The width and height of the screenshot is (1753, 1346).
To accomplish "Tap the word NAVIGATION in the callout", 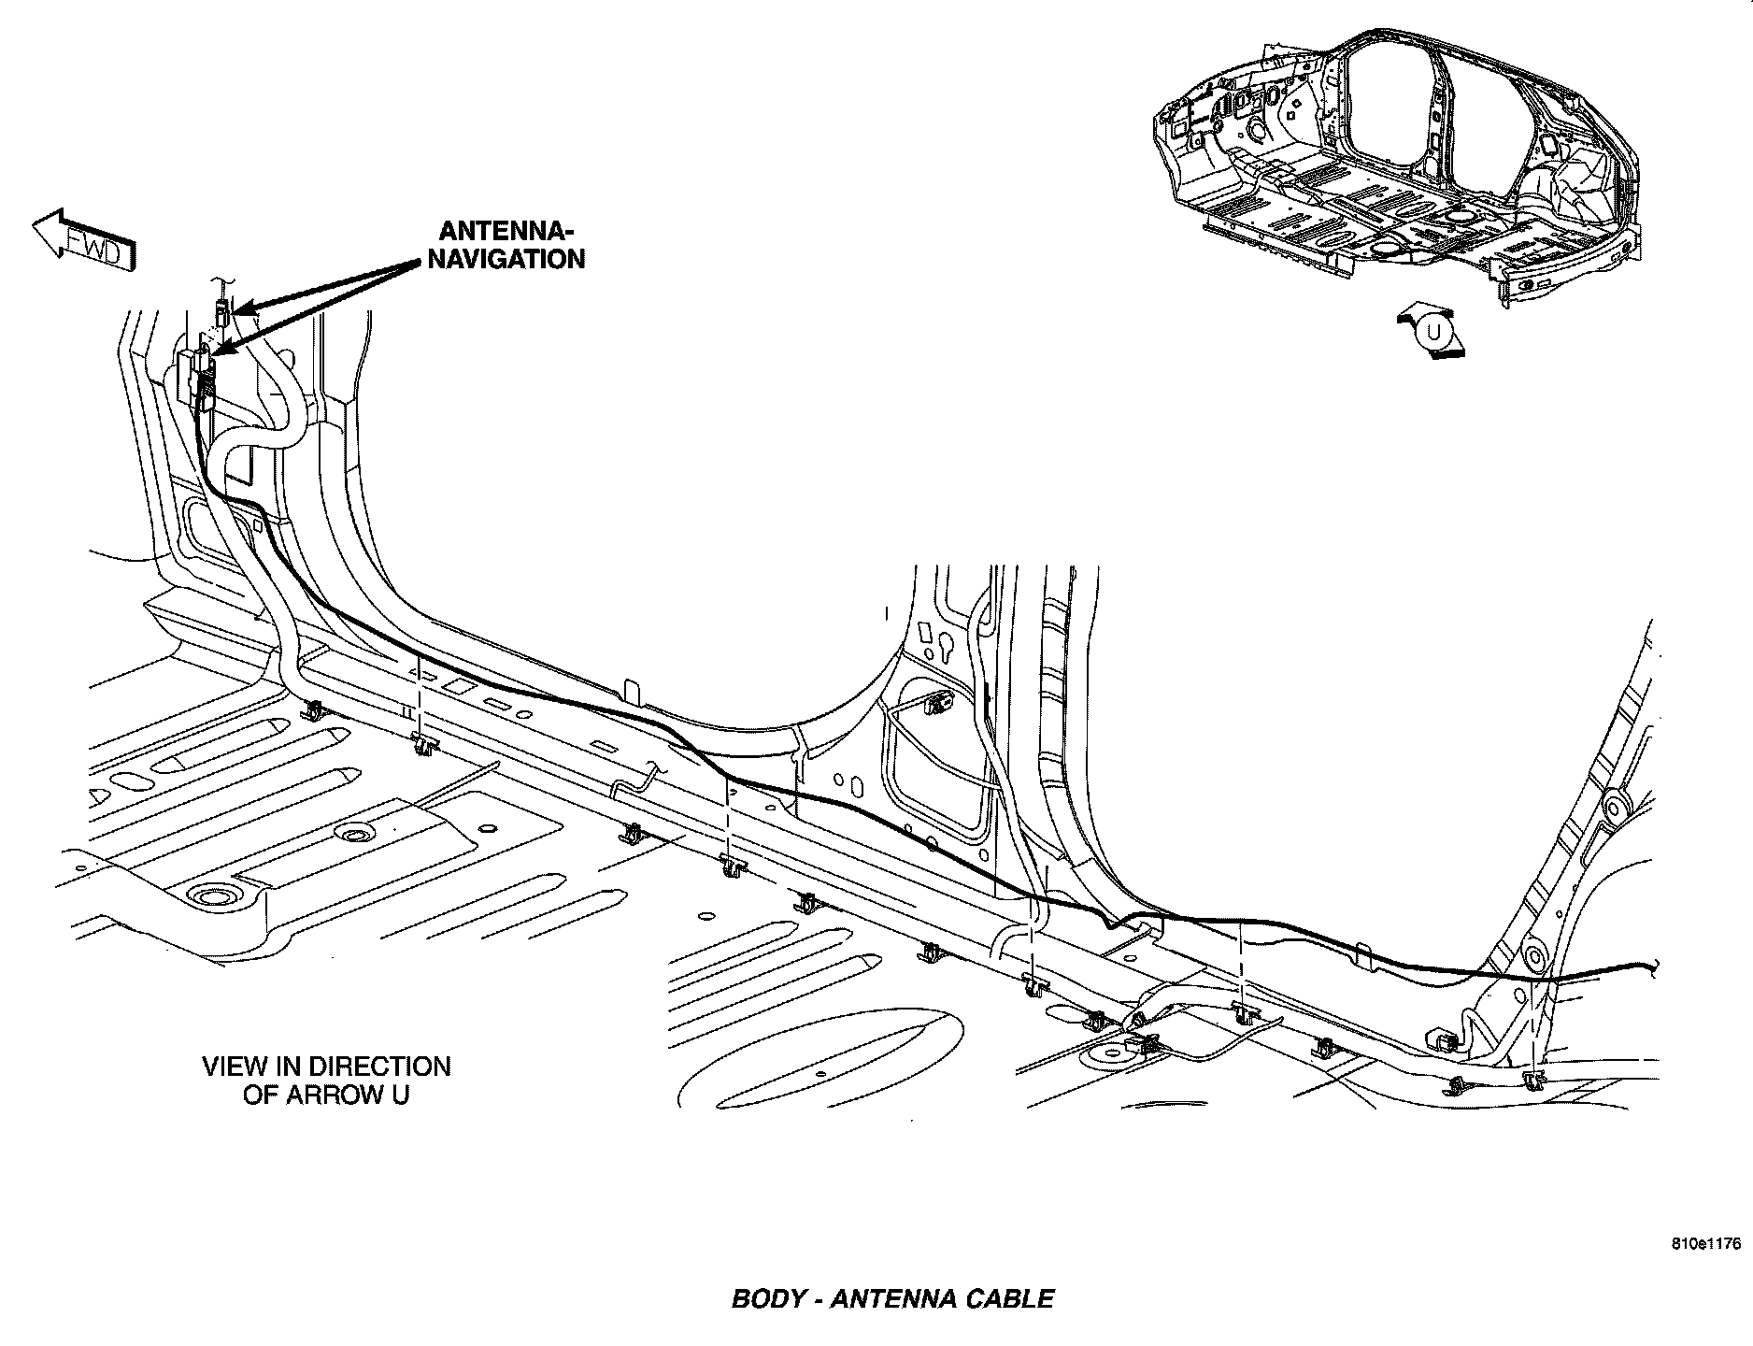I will [x=506, y=259].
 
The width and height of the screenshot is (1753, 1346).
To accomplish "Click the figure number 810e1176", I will [x=1707, y=1244].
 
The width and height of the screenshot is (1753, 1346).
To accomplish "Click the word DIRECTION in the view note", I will [x=379, y=1067].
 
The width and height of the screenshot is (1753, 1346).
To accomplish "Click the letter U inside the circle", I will [x=1434, y=332].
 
